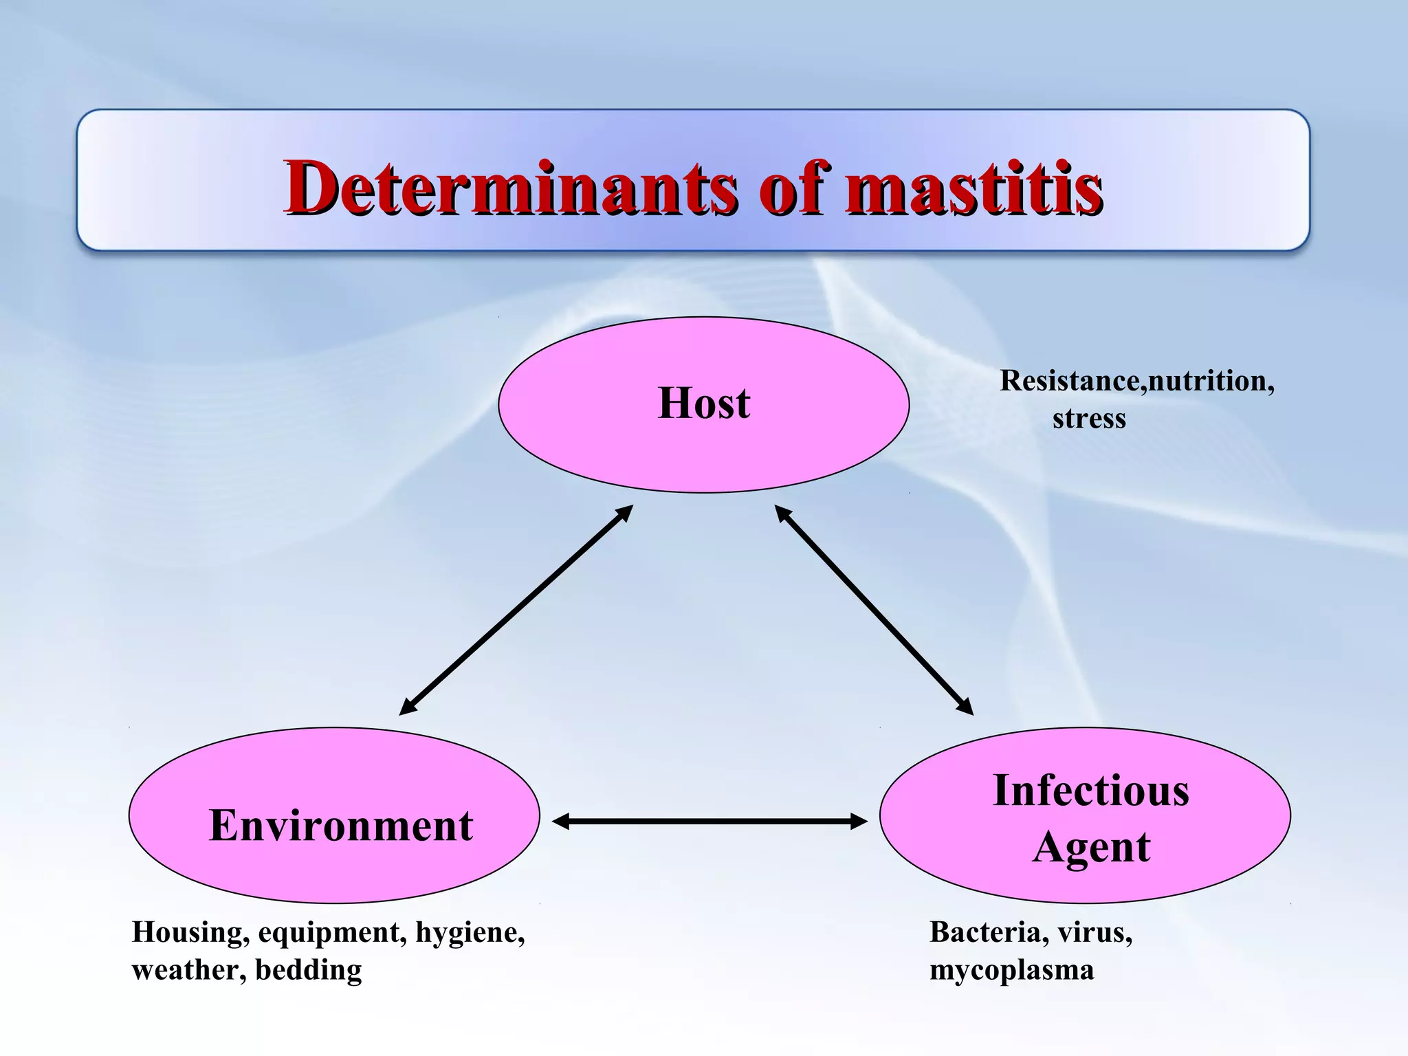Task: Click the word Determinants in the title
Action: pyautogui.click(x=509, y=187)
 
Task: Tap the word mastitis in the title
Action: pyautogui.click(x=973, y=187)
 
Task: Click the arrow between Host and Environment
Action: pyautogui.click(x=516, y=610)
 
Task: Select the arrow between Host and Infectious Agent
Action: pyautogui.click(x=874, y=610)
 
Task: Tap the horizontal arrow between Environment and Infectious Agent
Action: pyautogui.click(x=709, y=821)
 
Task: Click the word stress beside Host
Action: pyautogui.click(x=1089, y=419)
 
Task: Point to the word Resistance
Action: pyautogui.click(x=1070, y=381)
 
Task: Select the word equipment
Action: pyautogui.click(x=332, y=933)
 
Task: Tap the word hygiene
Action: pyautogui.click(x=470, y=933)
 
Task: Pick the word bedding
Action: pyautogui.click(x=309, y=970)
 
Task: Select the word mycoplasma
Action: pyautogui.click(x=1011, y=970)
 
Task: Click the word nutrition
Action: pyautogui.click(x=1211, y=381)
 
